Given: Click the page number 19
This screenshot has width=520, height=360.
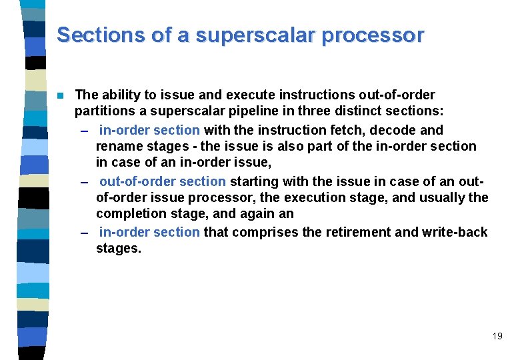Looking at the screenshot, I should pyautogui.click(x=497, y=336).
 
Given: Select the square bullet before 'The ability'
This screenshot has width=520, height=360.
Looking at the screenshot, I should pyautogui.click(x=60, y=95).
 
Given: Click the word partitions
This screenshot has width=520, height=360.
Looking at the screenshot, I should pyautogui.click(x=103, y=111).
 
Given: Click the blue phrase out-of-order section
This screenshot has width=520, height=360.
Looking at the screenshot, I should pyautogui.click(x=163, y=181).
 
